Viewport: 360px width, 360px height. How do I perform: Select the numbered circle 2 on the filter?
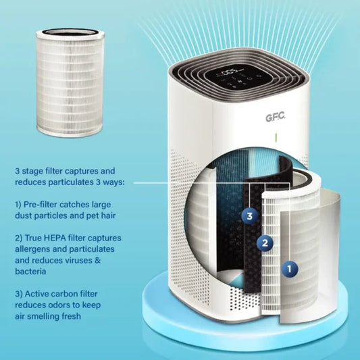(x=265, y=242)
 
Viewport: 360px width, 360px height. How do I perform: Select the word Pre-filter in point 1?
(x=45, y=203)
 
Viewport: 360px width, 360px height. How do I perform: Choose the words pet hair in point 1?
(x=109, y=215)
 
